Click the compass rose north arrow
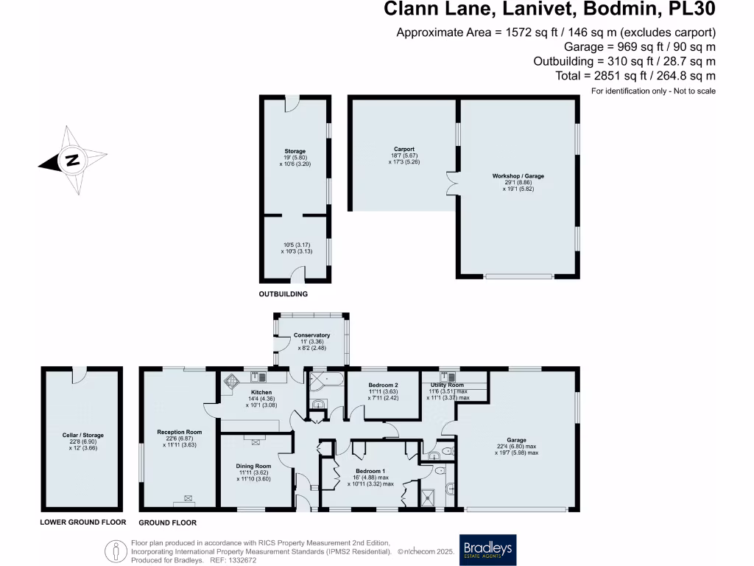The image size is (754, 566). (x=71, y=161)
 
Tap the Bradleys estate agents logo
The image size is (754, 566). (x=488, y=549)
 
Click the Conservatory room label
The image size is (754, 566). (x=311, y=335)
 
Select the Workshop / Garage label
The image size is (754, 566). (x=518, y=177)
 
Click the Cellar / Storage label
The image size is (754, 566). (x=82, y=436)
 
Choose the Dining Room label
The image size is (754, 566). (x=253, y=466)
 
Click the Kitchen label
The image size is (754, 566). (x=261, y=392)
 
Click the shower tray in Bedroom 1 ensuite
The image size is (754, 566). (x=428, y=498)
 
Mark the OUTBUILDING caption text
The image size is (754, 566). (x=283, y=294)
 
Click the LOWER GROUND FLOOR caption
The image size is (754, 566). (x=83, y=522)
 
